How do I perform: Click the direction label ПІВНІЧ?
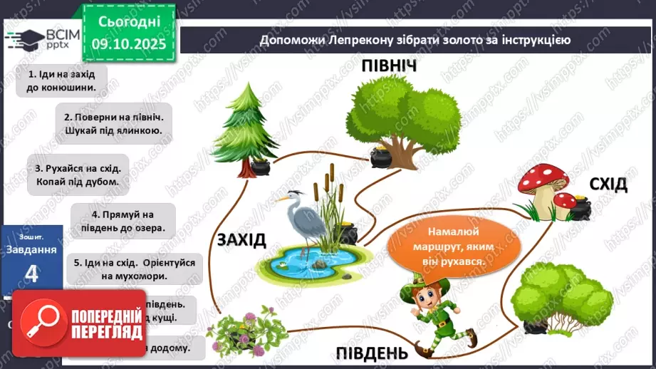click(x=388, y=66)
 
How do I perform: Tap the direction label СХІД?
click(x=608, y=184)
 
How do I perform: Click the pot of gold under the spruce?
click(x=261, y=167)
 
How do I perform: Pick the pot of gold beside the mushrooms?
click(x=582, y=208)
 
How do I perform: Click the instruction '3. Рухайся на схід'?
click(x=78, y=175)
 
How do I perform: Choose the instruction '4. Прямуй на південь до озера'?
click(x=123, y=221)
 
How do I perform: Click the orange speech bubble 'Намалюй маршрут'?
click(x=446, y=246)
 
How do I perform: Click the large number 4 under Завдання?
click(x=31, y=274)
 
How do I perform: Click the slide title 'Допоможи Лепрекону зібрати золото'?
click(x=415, y=40)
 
